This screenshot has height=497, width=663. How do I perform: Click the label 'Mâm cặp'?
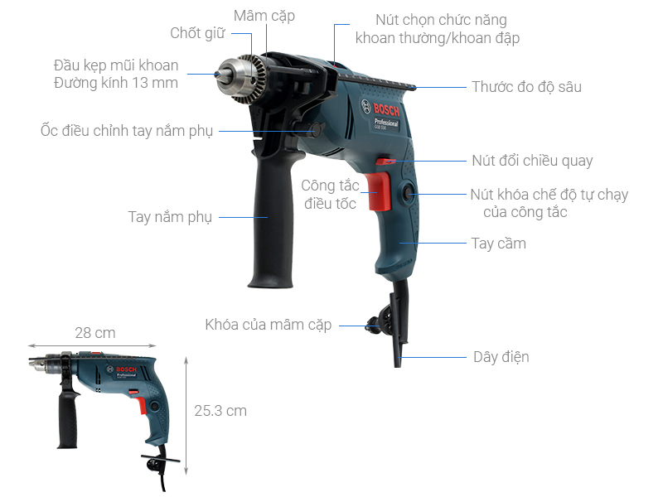pyautogui.click(x=264, y=16)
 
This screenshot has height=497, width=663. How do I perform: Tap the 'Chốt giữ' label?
pyautogui.click(x=197, y=33)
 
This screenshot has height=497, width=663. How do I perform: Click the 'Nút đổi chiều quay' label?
pyautogui.click(x=532, y=161)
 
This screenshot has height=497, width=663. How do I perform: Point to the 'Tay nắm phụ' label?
pyautogui.click(x=170, y=217)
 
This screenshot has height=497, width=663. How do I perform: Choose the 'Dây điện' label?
pyautogui.click(x=501, y=357)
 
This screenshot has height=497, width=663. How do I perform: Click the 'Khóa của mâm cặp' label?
pyautogui.click(x=268, y=325)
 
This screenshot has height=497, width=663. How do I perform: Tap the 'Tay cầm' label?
pyautogui.click(x=498, y=244)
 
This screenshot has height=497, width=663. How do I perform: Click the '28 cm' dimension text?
pyautogui.click(x=94, y=333)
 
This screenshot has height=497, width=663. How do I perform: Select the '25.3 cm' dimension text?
pyautogui.click(x=220, y=411)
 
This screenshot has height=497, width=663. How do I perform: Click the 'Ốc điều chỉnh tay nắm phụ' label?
pyautogui.click(x=126, y=131)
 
